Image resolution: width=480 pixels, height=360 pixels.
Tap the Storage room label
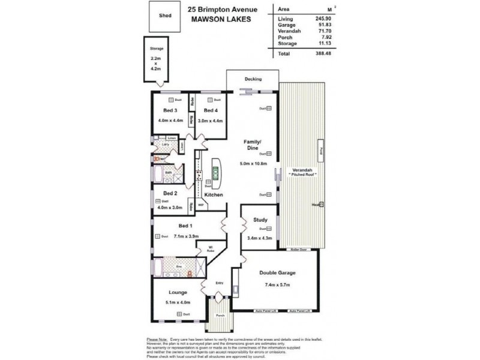click(x=157, y=48)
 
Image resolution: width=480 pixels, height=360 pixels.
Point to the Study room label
click(x=260, y=219)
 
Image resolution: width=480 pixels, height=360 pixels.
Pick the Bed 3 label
click(x=170, y=110)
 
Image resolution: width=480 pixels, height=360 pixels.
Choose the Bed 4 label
click(x=210, y=110)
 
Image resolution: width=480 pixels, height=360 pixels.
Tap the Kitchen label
click(x=214, y=195)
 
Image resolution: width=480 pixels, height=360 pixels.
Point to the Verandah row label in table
click(x=289, y=31)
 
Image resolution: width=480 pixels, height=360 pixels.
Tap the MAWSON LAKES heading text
click(x=219, y=19)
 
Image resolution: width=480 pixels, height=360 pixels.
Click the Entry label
click(x=219, y=283)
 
